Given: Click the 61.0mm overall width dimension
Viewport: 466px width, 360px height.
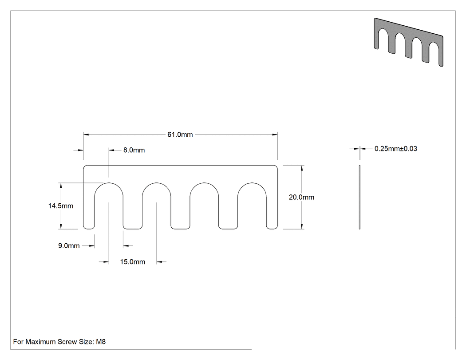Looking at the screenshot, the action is point(180,135).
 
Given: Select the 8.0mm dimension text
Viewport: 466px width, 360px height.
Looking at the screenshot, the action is point(134,150).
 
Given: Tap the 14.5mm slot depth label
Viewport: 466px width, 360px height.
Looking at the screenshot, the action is point(61,206).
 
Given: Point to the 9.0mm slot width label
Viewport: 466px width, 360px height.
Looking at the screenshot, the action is point(69,246).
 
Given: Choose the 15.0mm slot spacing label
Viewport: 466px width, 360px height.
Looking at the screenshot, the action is point(133,262).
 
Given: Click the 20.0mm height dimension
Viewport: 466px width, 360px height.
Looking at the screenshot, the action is point(301,197).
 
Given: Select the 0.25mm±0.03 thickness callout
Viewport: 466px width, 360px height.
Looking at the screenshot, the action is point(396,149).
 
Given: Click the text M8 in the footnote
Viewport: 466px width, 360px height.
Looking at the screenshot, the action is point(101,341).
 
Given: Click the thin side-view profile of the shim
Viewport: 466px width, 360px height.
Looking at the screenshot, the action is point(359,197).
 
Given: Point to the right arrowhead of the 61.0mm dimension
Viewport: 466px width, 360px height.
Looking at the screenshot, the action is point(275,135).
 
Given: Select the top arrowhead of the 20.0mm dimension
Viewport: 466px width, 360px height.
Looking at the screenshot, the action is point(302,168).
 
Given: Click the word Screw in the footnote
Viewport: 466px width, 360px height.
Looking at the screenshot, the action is point(67,341).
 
